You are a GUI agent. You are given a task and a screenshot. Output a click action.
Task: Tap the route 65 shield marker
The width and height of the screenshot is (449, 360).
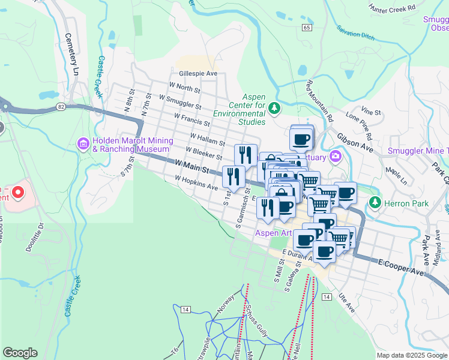307,28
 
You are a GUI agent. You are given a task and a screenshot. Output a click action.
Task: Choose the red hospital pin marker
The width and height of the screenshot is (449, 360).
18,193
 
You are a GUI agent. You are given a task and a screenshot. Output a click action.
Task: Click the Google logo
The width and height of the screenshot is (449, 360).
20,353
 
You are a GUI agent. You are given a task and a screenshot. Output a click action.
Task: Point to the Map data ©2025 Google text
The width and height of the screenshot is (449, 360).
412,355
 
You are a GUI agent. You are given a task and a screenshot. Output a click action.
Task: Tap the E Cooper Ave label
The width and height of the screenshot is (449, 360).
400,268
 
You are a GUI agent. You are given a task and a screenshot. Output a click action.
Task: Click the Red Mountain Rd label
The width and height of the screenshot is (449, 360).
319,98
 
